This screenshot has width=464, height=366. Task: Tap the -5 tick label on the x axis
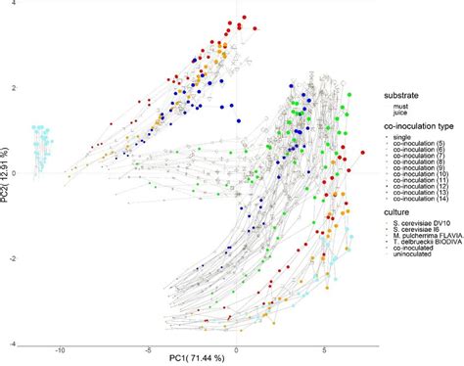pyautogui.click(x=148, y=347)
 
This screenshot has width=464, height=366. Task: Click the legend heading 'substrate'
pyautogui.click(x=402, y=95)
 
